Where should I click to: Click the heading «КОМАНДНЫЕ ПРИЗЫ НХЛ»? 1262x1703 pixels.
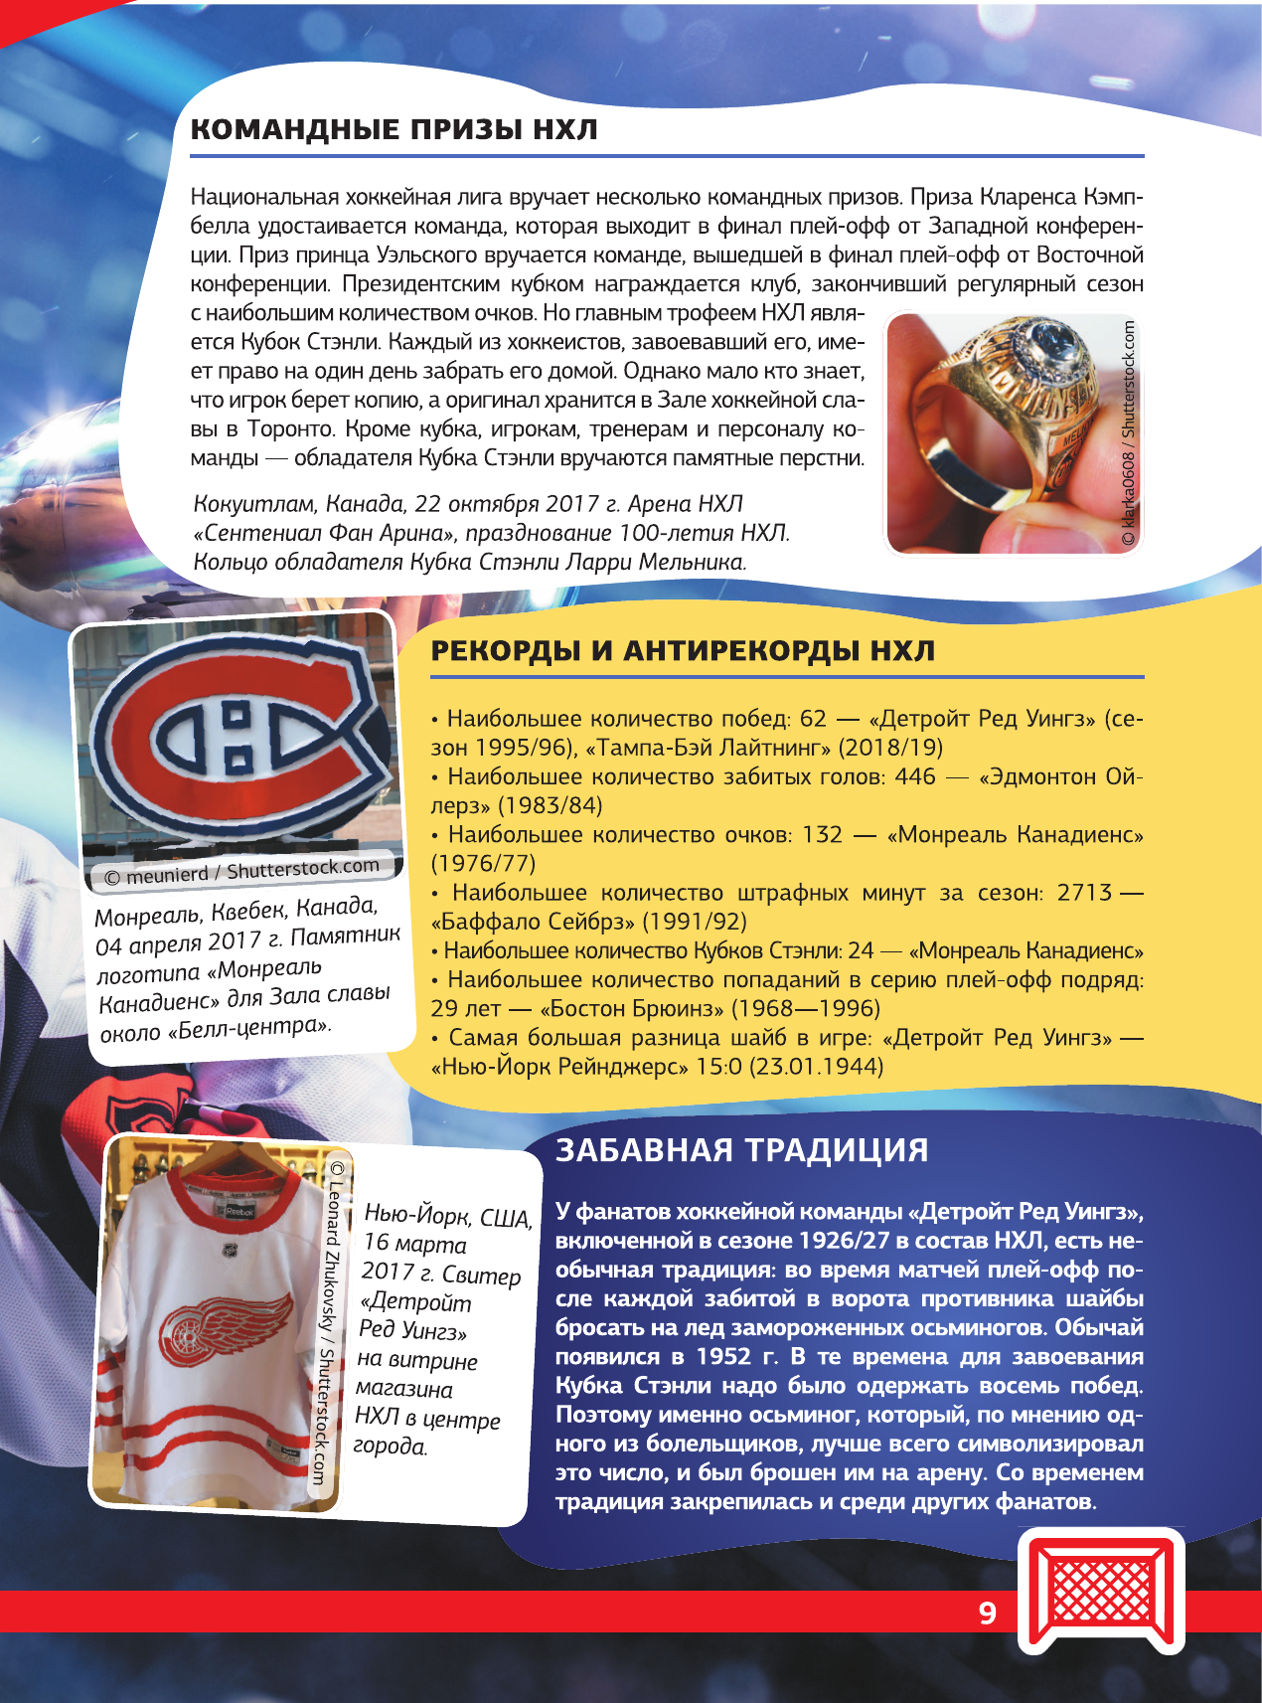tap(394, 130)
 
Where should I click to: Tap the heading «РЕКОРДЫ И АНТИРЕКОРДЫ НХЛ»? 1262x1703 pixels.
tap(683, 651)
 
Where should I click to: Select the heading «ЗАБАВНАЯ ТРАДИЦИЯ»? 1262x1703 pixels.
tap(741, 1150)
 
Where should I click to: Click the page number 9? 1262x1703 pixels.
tap(987, 1613)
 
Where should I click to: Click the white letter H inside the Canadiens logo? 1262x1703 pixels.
tap(237, 737)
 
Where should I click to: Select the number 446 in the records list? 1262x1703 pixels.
tap(915, 776)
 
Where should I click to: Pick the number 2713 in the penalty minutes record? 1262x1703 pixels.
tap(1084, 893)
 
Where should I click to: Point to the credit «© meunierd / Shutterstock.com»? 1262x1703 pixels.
tap(242, 871)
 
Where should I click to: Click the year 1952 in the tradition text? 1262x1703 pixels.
tap(723, 1357)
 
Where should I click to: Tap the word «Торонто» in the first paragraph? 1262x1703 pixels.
tap(290, 429)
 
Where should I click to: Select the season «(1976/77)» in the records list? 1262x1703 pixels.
tap(483, 863)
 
